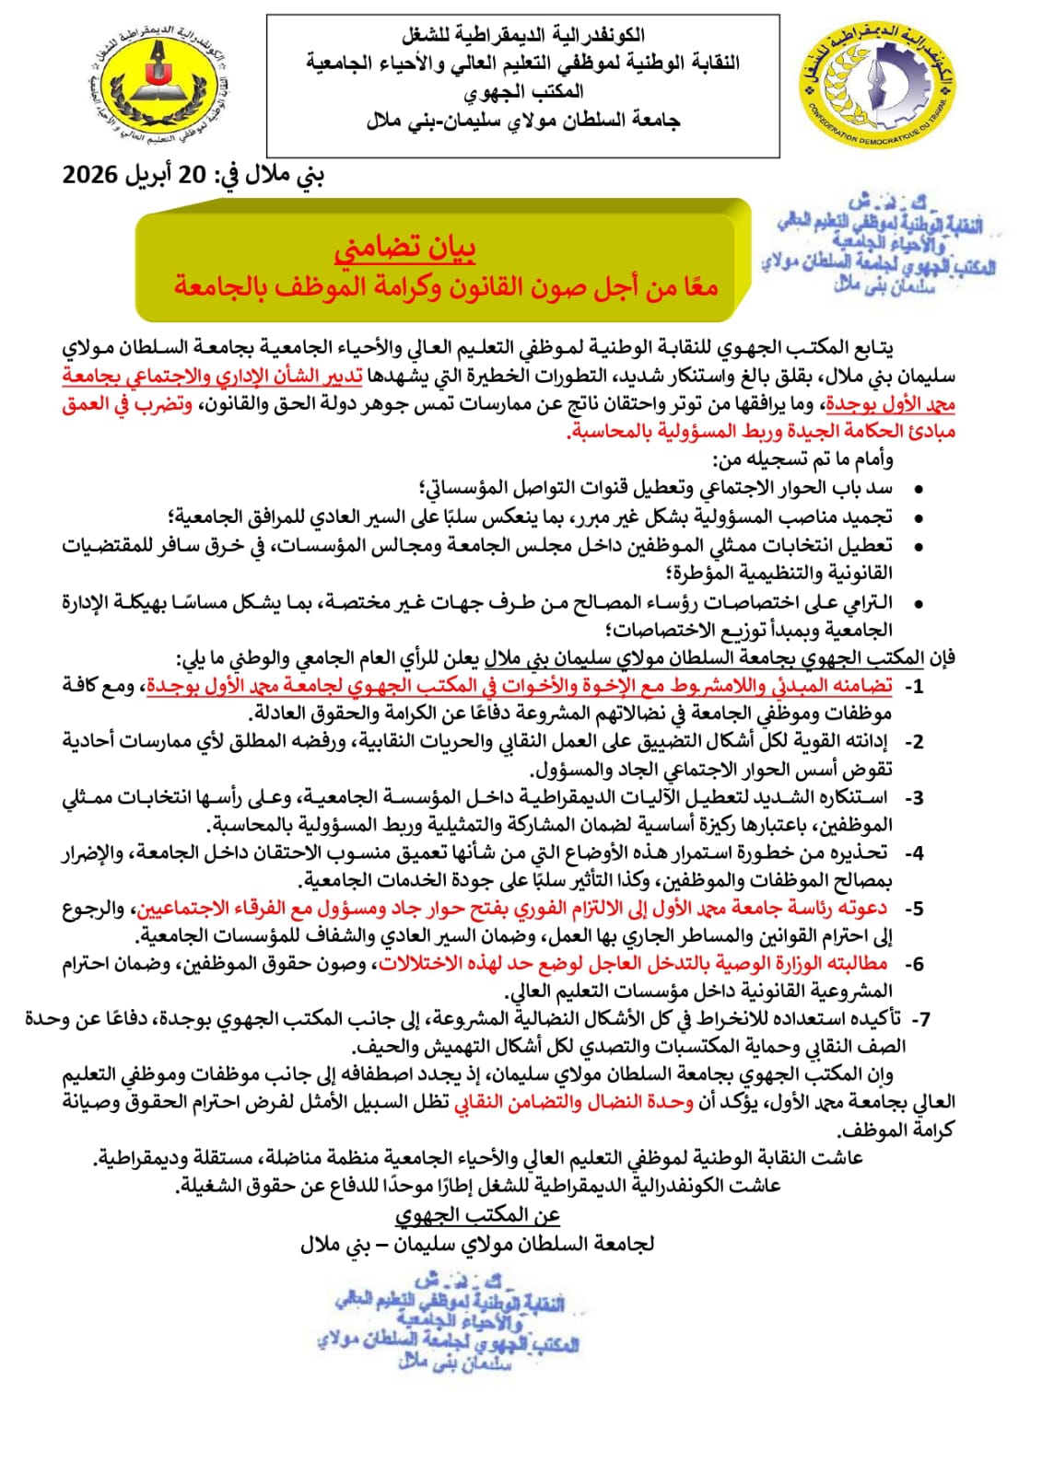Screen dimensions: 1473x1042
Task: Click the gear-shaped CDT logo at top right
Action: tap(877, 85)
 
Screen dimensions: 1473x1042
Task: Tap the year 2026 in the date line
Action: tap(90, 175)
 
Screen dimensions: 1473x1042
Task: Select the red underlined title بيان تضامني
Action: tap(404, 248)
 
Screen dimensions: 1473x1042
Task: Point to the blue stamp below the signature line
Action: tap(451, 1321)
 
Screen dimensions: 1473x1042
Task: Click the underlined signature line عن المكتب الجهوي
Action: tap(477, 1215)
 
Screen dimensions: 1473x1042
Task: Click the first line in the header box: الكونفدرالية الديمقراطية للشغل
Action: tap(522, 37)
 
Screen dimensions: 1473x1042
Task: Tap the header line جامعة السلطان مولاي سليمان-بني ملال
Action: tap(522, 121)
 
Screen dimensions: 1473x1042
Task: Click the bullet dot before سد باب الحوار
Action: tap(918, 490)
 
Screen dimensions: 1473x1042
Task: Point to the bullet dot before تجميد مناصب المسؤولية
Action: tap(918, 518)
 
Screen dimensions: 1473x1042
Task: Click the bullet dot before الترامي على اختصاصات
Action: tap(918, 604)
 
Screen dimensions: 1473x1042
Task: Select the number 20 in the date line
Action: tap(192, 175)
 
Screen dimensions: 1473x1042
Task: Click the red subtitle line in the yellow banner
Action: tap(446, 287)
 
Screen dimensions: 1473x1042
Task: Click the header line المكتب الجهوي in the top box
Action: tap(522, 92)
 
